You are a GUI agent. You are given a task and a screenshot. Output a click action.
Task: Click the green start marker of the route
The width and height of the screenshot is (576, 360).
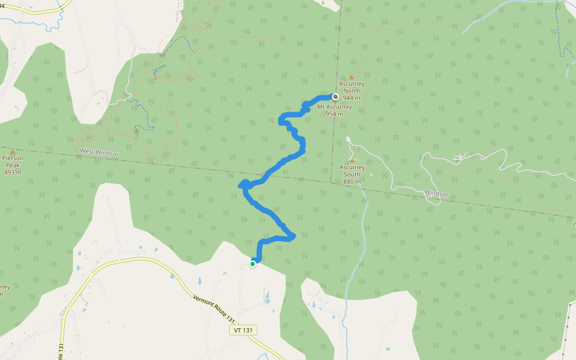point(253,263)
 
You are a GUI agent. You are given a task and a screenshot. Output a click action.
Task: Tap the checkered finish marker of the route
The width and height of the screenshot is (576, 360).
point(335,97)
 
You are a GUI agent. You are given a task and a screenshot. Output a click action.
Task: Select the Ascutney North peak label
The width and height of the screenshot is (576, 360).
point(352,88)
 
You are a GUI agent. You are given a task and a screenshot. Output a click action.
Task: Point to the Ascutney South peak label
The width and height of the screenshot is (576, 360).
point(352,171)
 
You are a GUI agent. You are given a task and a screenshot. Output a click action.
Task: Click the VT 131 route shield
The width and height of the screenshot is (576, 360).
point(243,330)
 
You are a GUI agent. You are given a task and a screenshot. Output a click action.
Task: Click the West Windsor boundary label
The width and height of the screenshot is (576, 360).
point(99,153)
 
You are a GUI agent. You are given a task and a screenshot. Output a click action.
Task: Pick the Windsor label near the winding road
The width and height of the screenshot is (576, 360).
point(436,194)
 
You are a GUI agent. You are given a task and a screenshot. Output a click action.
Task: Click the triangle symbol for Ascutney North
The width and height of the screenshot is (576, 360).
point(352,77)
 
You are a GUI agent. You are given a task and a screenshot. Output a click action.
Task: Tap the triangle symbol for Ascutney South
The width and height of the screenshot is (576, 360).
point(352,161)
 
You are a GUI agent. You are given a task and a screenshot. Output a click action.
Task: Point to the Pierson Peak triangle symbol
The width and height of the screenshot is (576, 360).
point(13,152)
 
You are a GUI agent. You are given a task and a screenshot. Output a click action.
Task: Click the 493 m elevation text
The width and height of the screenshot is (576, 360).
point(13,172)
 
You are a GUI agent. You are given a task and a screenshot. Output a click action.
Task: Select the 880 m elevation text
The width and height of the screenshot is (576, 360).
point(352,181)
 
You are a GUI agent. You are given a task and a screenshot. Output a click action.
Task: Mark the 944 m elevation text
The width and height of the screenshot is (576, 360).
point(352,98)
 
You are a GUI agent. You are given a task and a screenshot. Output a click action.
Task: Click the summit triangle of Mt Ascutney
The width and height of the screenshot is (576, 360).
point(335,101)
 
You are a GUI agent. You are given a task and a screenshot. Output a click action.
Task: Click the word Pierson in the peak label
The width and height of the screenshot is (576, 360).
point(13,158)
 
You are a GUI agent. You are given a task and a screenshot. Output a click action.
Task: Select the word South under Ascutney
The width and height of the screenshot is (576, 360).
point(352,175)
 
